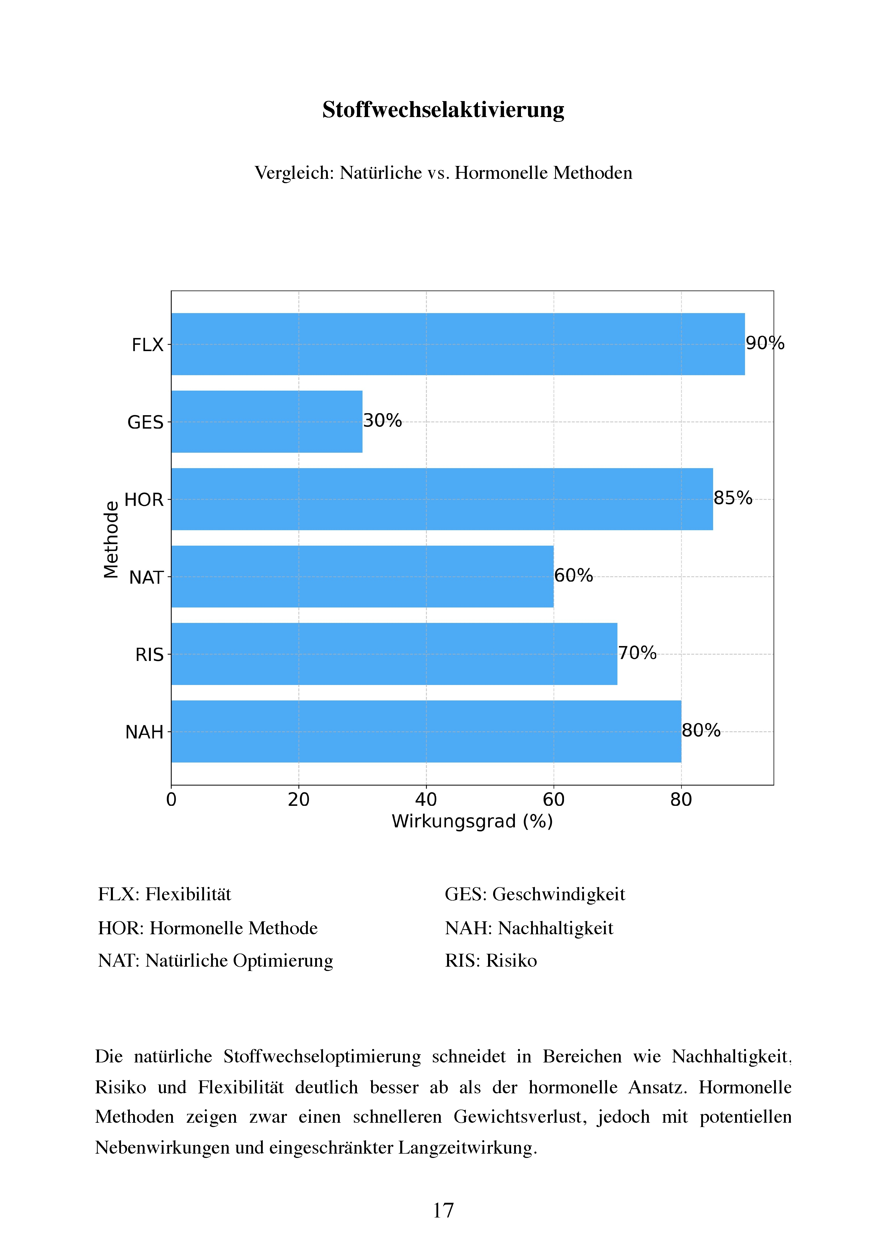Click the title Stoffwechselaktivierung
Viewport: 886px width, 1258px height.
point(443,110)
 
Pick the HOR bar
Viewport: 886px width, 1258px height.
point(442,499)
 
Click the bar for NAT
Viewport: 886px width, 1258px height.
point(363,576)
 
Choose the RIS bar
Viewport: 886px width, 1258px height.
point(394,654)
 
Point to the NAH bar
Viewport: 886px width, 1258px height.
point(426,731)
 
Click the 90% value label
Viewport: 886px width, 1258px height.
point(765,343)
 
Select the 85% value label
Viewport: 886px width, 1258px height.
point(733,498)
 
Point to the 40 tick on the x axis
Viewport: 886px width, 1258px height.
point(426,800)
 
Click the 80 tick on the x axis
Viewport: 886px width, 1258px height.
point(681,800)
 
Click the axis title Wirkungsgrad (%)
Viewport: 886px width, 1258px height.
point(472,821)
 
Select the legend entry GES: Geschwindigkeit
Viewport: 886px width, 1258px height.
point(534,894)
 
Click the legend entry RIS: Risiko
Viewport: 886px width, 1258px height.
point(491,961)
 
